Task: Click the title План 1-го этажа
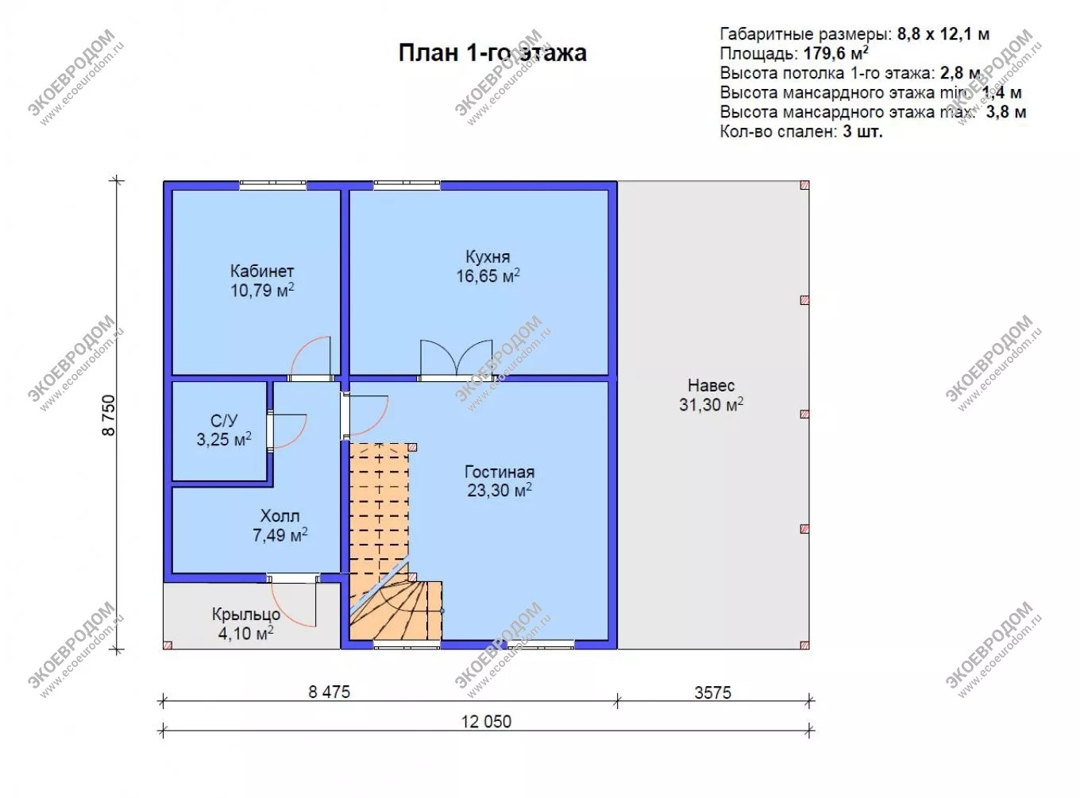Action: [492, 53]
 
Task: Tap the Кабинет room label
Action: [262, 271]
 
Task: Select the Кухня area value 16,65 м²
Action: [488, 276]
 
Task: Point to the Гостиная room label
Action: [499, 472]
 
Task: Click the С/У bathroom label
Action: [224, 421]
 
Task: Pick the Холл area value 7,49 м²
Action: [280, 535]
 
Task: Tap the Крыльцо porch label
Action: [246, 615]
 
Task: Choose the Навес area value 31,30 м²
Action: [712, 404]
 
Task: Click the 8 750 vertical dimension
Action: [109, 414]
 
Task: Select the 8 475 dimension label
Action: [329, 692]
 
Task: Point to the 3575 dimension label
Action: [713, 692]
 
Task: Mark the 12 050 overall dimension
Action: [487, 722]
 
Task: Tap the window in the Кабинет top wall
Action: [272, 185]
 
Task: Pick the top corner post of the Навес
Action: [804, 186]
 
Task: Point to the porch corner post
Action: [168, 645]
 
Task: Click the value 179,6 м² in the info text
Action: [835, 53]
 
